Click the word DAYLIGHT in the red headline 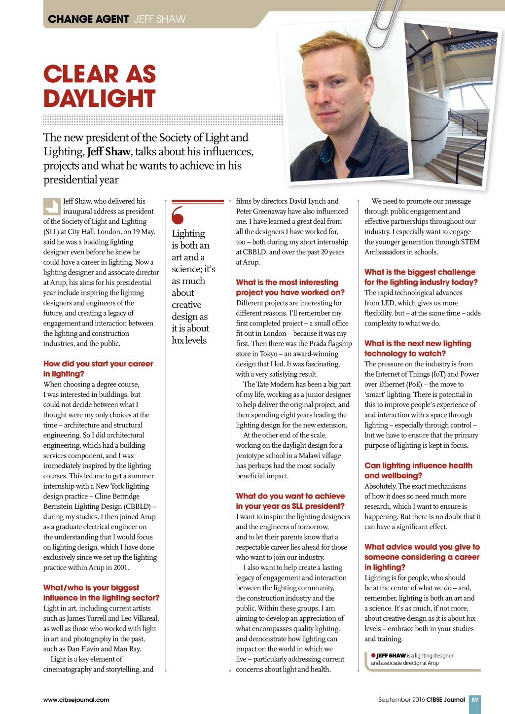pos(100,98)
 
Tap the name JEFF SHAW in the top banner pos(160,19)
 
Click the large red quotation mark pos(178,215)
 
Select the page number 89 pos(474,699)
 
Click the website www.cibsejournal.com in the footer pos(76,700)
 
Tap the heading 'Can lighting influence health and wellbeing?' pos(418,470)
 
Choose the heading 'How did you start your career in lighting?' pos(98,369)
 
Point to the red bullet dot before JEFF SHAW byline pos(373,655)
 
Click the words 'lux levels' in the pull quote pos(189,340)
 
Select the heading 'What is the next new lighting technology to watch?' pos(417,348)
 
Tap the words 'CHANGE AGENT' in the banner pos(88,19)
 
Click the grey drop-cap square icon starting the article pos(51,206)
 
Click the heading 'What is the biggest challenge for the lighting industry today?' pos(421,277)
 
